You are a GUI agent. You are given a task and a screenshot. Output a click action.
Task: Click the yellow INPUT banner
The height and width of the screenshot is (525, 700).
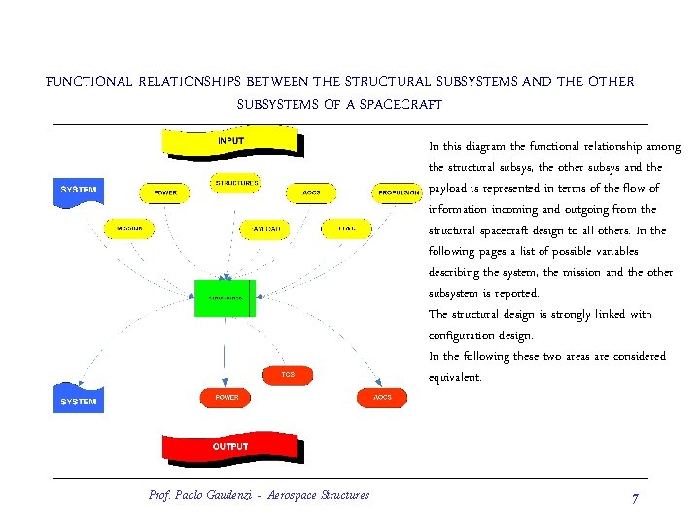pyautogui.click(x=230, y=143)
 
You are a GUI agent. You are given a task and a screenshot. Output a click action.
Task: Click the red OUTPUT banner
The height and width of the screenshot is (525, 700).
pyautogui.click(x=230, y=448)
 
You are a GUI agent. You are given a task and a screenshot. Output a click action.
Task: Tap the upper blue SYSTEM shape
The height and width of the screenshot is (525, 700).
pyautogui.click(x=78, y=191)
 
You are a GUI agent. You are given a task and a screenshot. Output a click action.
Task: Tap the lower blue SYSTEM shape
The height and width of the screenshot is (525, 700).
pyautogui.click(x=78, y=400)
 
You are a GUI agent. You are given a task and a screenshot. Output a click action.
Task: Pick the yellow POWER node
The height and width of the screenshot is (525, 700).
pyautogui.click(x=166, y=192)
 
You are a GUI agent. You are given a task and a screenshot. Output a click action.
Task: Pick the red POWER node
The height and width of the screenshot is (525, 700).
pyautogui.click(x=227, y=398)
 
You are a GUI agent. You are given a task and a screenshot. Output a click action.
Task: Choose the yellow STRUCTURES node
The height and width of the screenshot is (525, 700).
pyautogui.click(x=235, y=183)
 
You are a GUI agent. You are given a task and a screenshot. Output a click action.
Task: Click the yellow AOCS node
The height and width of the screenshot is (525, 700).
pyautogui.click(x=311, y=192)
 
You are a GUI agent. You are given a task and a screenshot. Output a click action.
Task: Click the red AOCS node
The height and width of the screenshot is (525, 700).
pyautogui.click(x=382, y=398)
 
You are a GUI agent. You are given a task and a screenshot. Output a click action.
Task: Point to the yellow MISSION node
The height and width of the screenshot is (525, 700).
pyautogui.click(x=129, y=228)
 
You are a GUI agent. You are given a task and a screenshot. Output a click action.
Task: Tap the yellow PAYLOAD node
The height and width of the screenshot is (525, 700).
pyautogui.click(x=264, y=229)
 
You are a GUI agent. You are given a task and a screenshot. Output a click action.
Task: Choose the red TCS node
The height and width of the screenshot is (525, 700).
pyautogui.click(x=288, y=374)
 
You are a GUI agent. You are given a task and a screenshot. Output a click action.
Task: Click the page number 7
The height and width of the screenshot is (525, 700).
pyautogui.click(x=634, y=498)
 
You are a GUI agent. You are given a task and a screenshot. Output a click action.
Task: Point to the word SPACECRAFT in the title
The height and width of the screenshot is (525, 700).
pyautogui.click(x=401, y=104)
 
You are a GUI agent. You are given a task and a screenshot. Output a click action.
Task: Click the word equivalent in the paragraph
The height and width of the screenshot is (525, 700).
pyautogui.click(x=455, y=378)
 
